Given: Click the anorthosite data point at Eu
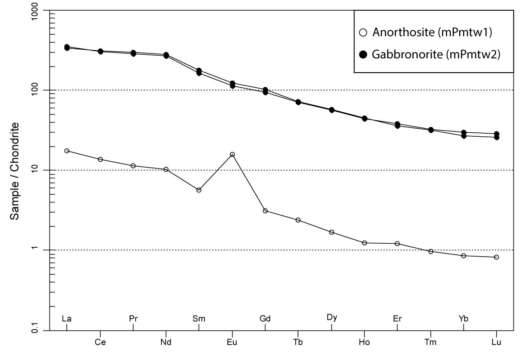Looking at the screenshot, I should (x=232, y=155).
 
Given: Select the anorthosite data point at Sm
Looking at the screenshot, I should (x=199, y=190).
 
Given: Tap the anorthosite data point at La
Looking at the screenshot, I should (x=67, y=151).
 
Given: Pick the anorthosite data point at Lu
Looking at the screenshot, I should (x=496, y=257).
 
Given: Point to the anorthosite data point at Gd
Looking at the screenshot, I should (x=265, y=211).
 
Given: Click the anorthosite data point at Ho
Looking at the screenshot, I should (x=364, y=243).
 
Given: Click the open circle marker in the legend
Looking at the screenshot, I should (x=363, y=33).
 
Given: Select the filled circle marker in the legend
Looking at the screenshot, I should (x=363, y=54).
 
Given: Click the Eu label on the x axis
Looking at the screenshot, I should (x=232, y=343).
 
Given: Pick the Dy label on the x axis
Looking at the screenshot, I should (x=331, y=318).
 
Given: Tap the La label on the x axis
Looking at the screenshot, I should (x=67, y=319).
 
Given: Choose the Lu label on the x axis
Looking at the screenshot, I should (x=496, y=343).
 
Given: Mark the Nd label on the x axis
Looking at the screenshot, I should (x=166, y=343).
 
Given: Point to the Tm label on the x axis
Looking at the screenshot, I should (x=431, y=343).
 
